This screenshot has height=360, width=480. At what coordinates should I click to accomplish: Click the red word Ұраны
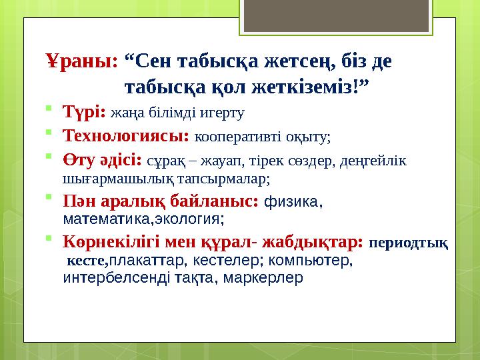82,61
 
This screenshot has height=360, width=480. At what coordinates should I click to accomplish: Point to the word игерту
222,113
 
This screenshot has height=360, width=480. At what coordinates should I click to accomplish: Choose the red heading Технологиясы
126,135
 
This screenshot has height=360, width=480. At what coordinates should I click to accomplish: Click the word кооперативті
237,137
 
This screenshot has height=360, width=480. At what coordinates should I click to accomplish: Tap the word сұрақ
166,161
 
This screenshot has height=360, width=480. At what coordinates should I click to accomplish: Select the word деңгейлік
373,161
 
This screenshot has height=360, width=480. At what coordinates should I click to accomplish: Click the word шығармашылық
119,179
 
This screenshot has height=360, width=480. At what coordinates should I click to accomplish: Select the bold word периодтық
409,243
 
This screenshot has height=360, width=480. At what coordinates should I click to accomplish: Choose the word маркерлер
263,278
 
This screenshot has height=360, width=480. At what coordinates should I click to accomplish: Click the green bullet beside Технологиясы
49,132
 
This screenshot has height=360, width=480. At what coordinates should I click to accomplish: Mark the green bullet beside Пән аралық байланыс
49,197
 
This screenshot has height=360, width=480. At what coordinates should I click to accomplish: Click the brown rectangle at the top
336,15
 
